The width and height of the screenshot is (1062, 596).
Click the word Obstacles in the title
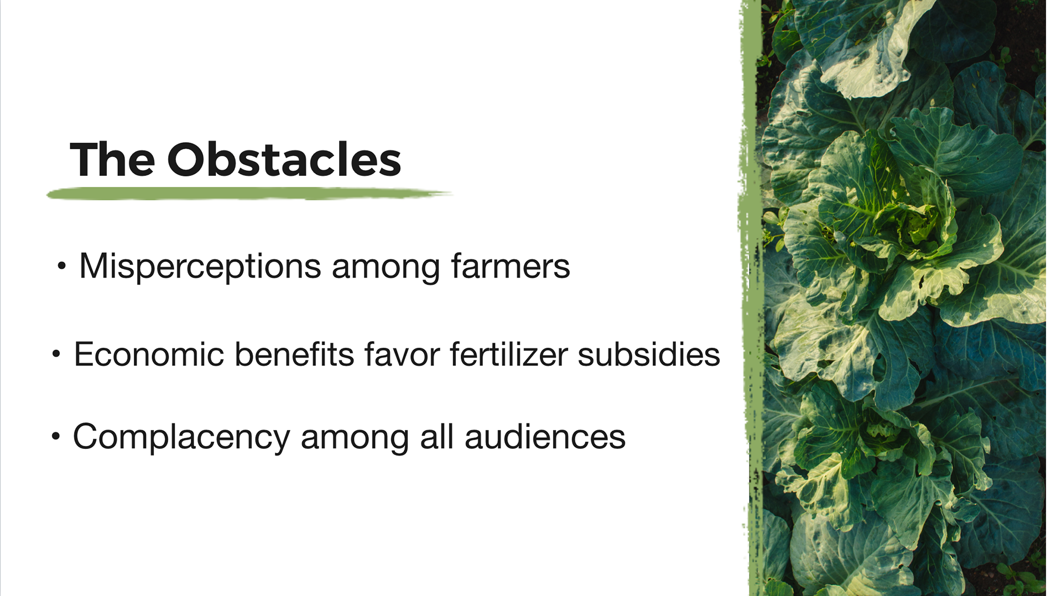284,159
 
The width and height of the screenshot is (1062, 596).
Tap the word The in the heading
112,159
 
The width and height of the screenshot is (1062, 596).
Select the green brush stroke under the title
249,194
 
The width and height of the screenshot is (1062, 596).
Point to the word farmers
511,266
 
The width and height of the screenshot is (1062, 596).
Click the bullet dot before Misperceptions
61,266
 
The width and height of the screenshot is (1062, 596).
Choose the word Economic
149,354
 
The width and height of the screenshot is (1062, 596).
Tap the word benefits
294,354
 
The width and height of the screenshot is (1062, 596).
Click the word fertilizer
508,354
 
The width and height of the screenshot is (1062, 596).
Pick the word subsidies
649,354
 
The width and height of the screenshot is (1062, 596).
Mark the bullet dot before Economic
56,354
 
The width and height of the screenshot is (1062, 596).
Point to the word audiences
545,437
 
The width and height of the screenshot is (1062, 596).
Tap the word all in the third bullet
437,436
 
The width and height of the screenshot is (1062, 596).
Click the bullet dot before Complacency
55,436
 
